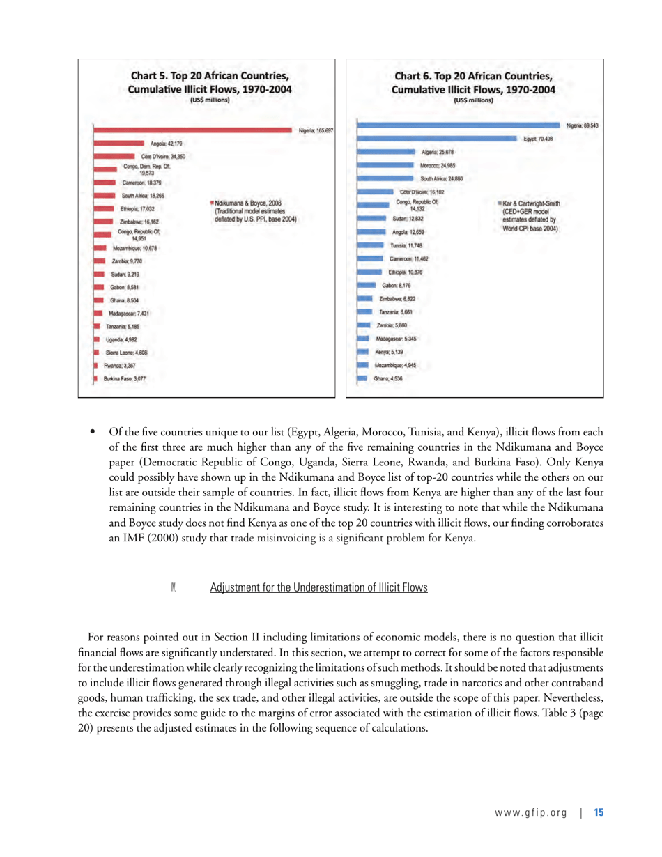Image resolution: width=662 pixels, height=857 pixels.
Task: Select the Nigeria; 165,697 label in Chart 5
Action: pyautogui.click(x=316, y=130)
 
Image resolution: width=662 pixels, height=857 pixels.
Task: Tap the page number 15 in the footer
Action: pyautogui.click(x=598, y=812)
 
